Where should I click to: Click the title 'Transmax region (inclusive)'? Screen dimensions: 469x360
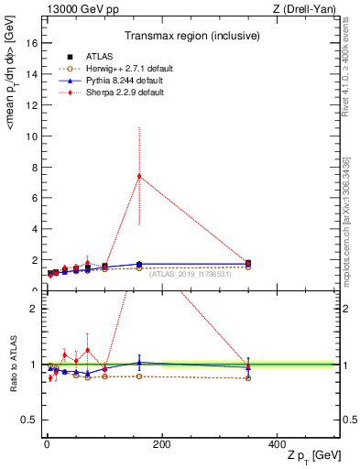pyautogui.click(x=191, y=36)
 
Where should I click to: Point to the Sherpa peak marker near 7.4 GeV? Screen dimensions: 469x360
pyautogui.click(x=138, y=176)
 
